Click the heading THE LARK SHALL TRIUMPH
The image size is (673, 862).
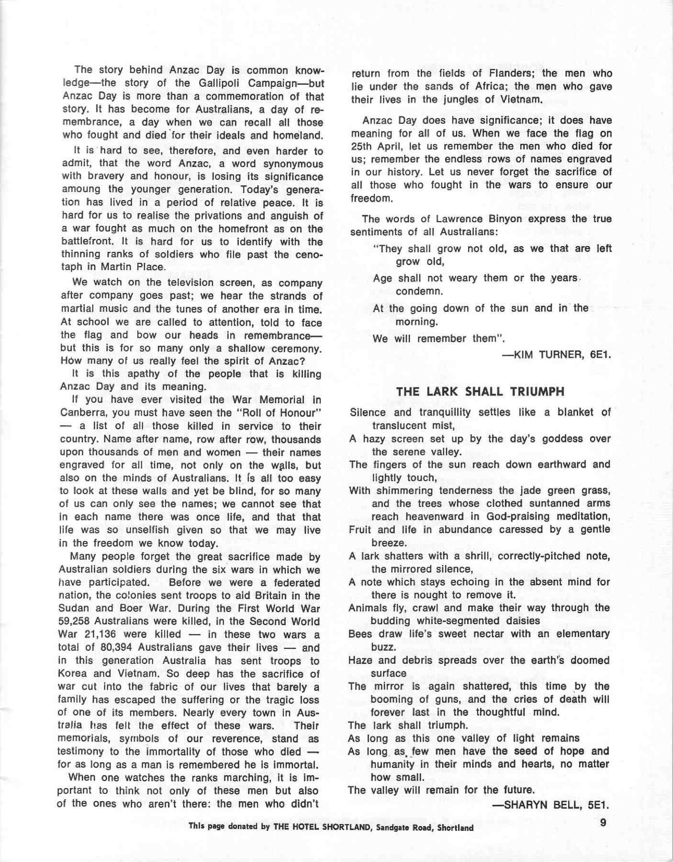click(480, 392)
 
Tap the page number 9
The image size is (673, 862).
click(603, 823)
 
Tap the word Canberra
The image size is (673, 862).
click(82, 413)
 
